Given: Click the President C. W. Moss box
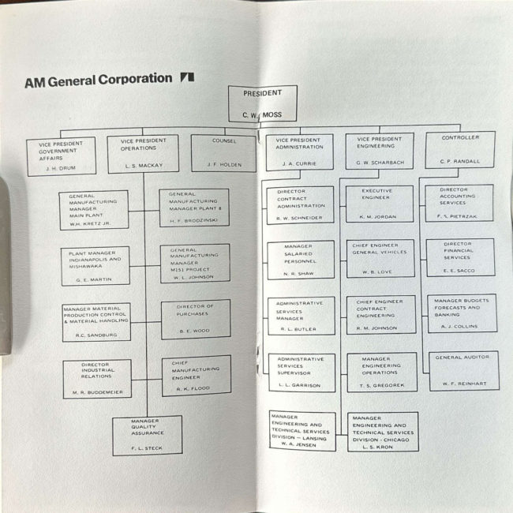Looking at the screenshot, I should (263, 103).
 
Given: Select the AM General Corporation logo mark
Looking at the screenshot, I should (187, 78).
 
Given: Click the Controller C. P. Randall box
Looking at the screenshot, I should (460, 150).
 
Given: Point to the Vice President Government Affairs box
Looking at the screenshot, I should (61, 156).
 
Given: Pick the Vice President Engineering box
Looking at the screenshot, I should (380, 151).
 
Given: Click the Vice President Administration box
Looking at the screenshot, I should (299, 152).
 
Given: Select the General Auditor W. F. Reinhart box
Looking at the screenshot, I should (463, 371).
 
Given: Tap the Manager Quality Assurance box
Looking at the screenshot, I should (147, 436).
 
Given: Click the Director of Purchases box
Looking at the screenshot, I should (196, 319).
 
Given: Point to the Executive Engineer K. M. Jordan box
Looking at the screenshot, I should (380, 204).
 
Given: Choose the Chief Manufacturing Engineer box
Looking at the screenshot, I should (196, 376).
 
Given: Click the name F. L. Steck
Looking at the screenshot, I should (148, 448).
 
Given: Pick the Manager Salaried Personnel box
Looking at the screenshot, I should (301, 260).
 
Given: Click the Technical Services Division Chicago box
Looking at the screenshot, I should (383, 432).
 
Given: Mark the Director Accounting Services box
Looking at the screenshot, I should (459, 203).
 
